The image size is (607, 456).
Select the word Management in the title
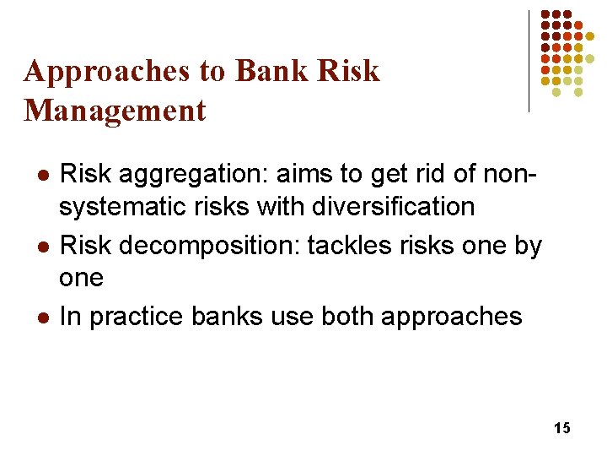click(x=115, y=111)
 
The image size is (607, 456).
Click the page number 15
click(x=562, y=429)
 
